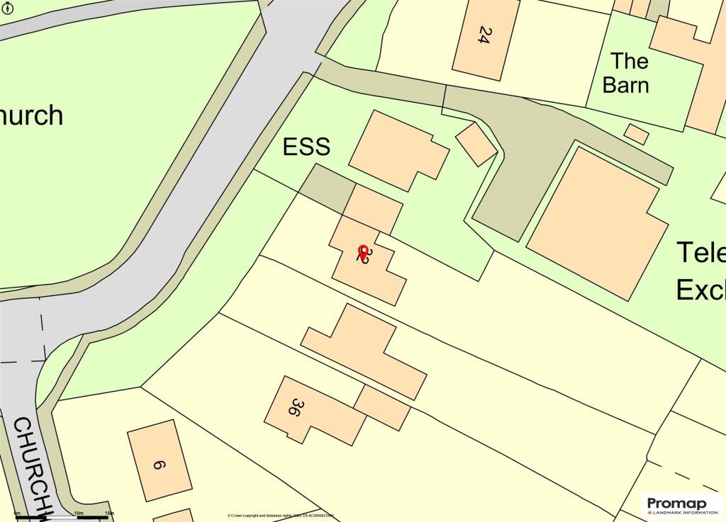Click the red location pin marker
[363, 251]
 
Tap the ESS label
[306, 147]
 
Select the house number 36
[296, 407]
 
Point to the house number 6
[159, 465]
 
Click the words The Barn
[625, 73]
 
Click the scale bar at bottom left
[64, 517]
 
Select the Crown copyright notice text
[280, 516]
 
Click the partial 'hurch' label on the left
[31, 115]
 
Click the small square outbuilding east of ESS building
[476, 144]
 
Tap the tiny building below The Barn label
[636, 134]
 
